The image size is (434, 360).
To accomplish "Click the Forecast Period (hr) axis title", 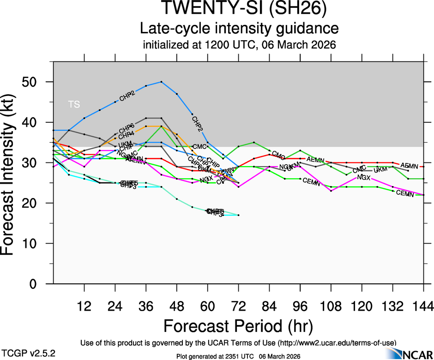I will point(238,326).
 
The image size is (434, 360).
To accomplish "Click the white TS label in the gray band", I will point(74,104).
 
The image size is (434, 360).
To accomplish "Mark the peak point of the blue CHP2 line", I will point(161,82).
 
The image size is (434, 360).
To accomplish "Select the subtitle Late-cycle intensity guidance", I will point(239,29).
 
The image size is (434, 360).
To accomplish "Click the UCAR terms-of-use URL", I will point(337,342).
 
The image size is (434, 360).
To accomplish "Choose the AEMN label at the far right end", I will point(409,166).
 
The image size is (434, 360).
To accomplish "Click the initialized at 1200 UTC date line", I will point(239,45).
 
